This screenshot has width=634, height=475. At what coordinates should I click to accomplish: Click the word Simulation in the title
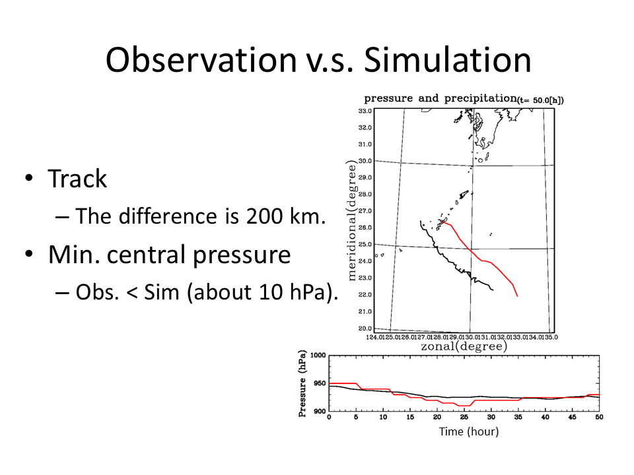447,60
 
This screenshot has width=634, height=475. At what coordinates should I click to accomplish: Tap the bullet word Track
77,179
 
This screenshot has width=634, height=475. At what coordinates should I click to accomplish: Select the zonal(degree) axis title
464,346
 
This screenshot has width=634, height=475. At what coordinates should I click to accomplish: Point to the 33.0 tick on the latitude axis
366,111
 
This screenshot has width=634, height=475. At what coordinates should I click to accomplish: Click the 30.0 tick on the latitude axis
366,161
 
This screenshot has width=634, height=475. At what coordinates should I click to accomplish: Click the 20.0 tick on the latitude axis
366,328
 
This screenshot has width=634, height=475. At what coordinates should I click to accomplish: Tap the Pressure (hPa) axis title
302,383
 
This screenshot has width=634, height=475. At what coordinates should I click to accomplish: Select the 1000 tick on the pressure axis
318,356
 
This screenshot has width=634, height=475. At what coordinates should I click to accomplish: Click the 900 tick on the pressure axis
320,411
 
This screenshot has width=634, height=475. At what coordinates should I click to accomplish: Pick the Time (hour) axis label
469,431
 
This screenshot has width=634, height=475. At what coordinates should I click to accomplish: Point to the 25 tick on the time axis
464,418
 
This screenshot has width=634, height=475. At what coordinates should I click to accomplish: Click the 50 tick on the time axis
599,418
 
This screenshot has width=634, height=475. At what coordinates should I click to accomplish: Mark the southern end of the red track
517,296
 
